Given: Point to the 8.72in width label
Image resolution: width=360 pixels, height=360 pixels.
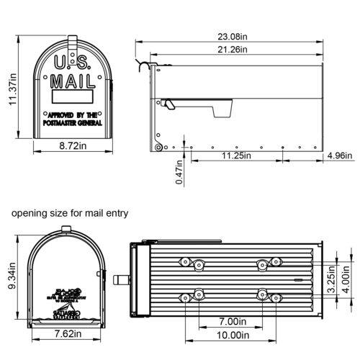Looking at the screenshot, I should pos(72,146).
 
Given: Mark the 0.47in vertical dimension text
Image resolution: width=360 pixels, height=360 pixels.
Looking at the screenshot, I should pos(180,171).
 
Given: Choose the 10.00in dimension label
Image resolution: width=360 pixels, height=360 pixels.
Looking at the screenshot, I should pos(230,336).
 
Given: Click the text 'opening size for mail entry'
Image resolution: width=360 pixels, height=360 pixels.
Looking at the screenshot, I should pos(69,213).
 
